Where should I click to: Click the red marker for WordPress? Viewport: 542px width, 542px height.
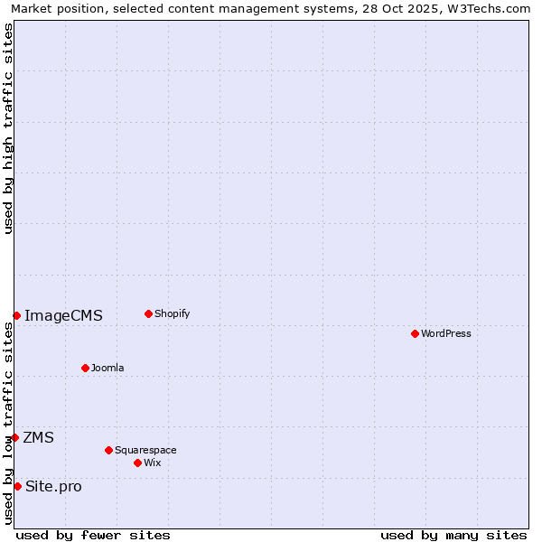[x=415, y=333]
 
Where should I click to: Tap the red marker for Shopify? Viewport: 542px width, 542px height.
[x=148, y=313]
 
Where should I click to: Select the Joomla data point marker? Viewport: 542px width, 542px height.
[x=85, y=368]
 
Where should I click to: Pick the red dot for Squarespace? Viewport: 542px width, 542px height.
[x=108, y=450]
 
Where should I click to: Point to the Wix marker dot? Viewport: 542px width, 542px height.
[x=137, y=463]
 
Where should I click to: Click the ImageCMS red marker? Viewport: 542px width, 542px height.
[x=16, y=315]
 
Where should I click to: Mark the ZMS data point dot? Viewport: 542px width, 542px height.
[x=14, y=437]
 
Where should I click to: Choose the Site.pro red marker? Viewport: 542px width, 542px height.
[x=17, y=486]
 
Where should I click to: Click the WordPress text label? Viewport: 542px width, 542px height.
[x=446, y=333]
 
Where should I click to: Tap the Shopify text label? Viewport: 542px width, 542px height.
[x=173, y=313]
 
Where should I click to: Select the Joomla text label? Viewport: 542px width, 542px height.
[x=107, y=368]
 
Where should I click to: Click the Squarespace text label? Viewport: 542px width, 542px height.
[x=145, y=450]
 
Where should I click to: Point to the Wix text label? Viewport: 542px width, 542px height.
[x=153, y=463]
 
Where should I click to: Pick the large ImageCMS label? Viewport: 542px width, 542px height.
[x=63, y=315]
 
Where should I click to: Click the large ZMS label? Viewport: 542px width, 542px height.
[x=39, y=437]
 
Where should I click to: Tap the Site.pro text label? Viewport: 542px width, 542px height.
[x=53, y=486]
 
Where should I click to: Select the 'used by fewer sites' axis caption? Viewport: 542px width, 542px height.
[x=93, y=535]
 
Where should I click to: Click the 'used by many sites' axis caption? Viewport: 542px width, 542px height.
[x=453, y=535]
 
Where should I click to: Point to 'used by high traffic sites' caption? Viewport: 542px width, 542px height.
[x=8, y=128]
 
